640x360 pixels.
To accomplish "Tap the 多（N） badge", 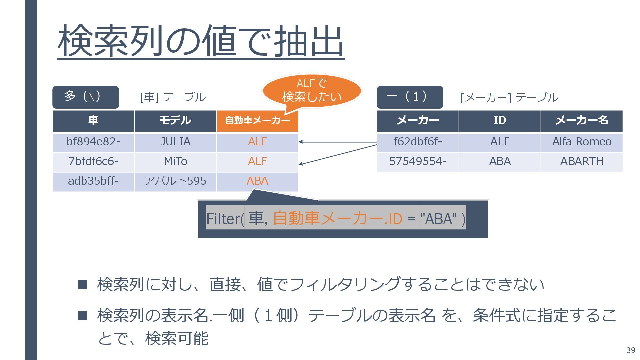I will (85, 97).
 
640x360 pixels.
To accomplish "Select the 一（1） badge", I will (410, 97).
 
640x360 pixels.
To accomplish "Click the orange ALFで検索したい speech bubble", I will (312, 90).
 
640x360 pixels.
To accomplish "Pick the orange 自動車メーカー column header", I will (257, 121).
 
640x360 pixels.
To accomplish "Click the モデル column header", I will (175, 121).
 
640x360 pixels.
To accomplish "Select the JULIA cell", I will (175, 142).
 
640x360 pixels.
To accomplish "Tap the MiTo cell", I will (175, 162).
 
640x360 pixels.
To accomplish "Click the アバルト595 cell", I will (175, 181).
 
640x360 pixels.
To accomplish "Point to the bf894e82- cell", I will (93, 142).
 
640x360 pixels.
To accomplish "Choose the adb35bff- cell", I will (93, 181).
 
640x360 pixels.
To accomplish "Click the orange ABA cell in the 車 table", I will (257, 181).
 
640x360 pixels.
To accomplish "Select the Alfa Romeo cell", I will (582, 142).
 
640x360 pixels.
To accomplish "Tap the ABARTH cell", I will (582, 162).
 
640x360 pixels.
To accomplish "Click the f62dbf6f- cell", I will (418, 142).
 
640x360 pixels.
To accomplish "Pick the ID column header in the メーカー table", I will (500, 121).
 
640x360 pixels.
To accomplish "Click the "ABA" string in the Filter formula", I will (439, 219).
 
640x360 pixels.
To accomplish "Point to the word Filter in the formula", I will (223, 219).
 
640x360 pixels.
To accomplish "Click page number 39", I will (631, 350).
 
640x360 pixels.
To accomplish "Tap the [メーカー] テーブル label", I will (509, 98).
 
